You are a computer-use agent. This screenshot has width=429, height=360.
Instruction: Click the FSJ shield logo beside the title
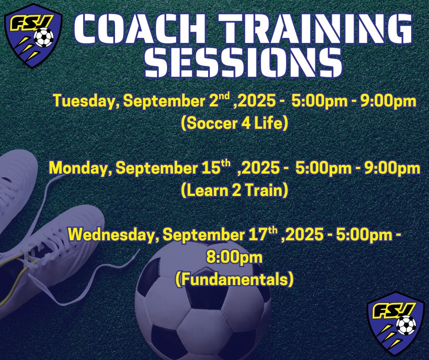[33, 36]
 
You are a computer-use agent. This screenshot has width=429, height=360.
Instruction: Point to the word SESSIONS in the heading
[243, 62]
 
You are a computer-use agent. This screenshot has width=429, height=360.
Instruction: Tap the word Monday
[80, 168]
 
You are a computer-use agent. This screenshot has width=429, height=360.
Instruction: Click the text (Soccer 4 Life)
[235, 123]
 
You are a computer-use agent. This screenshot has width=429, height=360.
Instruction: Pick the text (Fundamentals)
[235, 279]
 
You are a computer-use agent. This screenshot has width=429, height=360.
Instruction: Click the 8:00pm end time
[234, 257]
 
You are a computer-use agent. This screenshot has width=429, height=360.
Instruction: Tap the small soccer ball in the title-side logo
[44, 38]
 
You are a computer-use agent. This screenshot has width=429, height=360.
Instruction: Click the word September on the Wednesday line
[204, 235]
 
